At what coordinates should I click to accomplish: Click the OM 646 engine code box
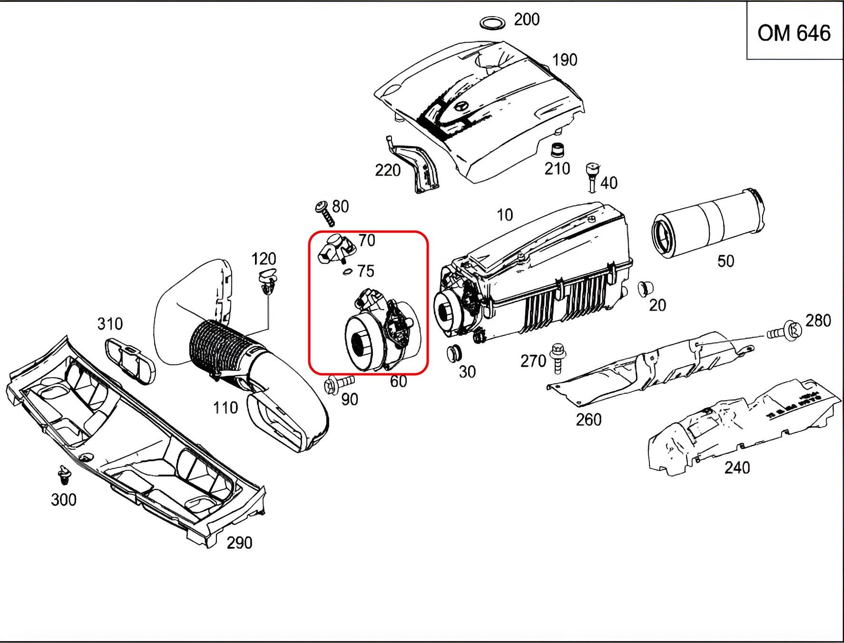coord(795,30)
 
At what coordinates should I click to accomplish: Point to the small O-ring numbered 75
coord(347,272)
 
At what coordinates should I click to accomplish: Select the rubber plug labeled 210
coord(556,150)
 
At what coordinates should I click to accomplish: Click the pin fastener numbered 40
coord(592,178)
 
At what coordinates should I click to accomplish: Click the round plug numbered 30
coord(454,353)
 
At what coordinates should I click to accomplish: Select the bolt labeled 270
coord(557,358)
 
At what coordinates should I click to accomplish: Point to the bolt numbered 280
coord(785,331)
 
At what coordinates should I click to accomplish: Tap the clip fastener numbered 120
coord(267,281)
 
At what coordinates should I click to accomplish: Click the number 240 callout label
coord(737,468)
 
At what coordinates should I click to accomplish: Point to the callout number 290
coord(239,543)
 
